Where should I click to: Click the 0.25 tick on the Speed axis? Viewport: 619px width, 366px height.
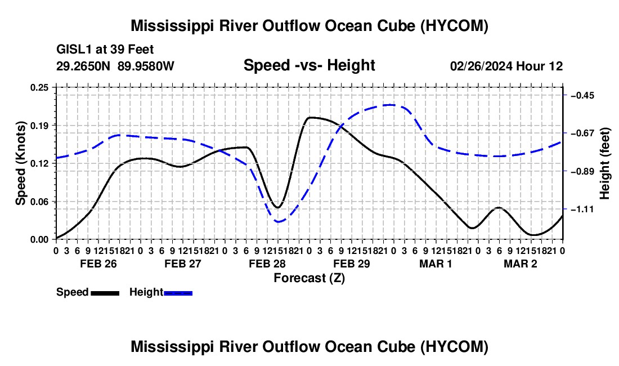(39, 87)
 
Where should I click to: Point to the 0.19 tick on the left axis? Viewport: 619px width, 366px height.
(39, 126)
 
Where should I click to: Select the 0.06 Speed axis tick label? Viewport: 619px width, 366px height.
(39, 202)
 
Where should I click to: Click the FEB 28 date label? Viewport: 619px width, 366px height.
(267, 264)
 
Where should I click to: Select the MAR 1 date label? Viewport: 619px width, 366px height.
(436, 264)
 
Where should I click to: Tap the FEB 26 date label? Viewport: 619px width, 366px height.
(98, 264)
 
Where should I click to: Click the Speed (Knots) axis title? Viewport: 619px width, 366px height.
(20, 163)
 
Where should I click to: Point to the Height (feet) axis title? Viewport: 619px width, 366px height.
(604, 163)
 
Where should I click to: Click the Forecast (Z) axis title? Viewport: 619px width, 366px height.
(309, 278)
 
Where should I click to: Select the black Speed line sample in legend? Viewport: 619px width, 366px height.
(105, 293)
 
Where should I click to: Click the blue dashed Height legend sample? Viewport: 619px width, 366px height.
(178, 293)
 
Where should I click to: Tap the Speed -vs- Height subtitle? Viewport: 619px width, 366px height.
(309, 65)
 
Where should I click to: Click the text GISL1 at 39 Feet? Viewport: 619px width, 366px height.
(105, 50)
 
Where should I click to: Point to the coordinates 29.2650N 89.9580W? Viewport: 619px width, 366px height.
(115, 66)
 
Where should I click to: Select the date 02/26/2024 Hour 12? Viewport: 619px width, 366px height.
(506, 66)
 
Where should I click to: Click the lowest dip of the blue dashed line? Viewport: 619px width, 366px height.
(279, 222)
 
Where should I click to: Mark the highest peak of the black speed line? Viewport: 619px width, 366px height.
(311, 117)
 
